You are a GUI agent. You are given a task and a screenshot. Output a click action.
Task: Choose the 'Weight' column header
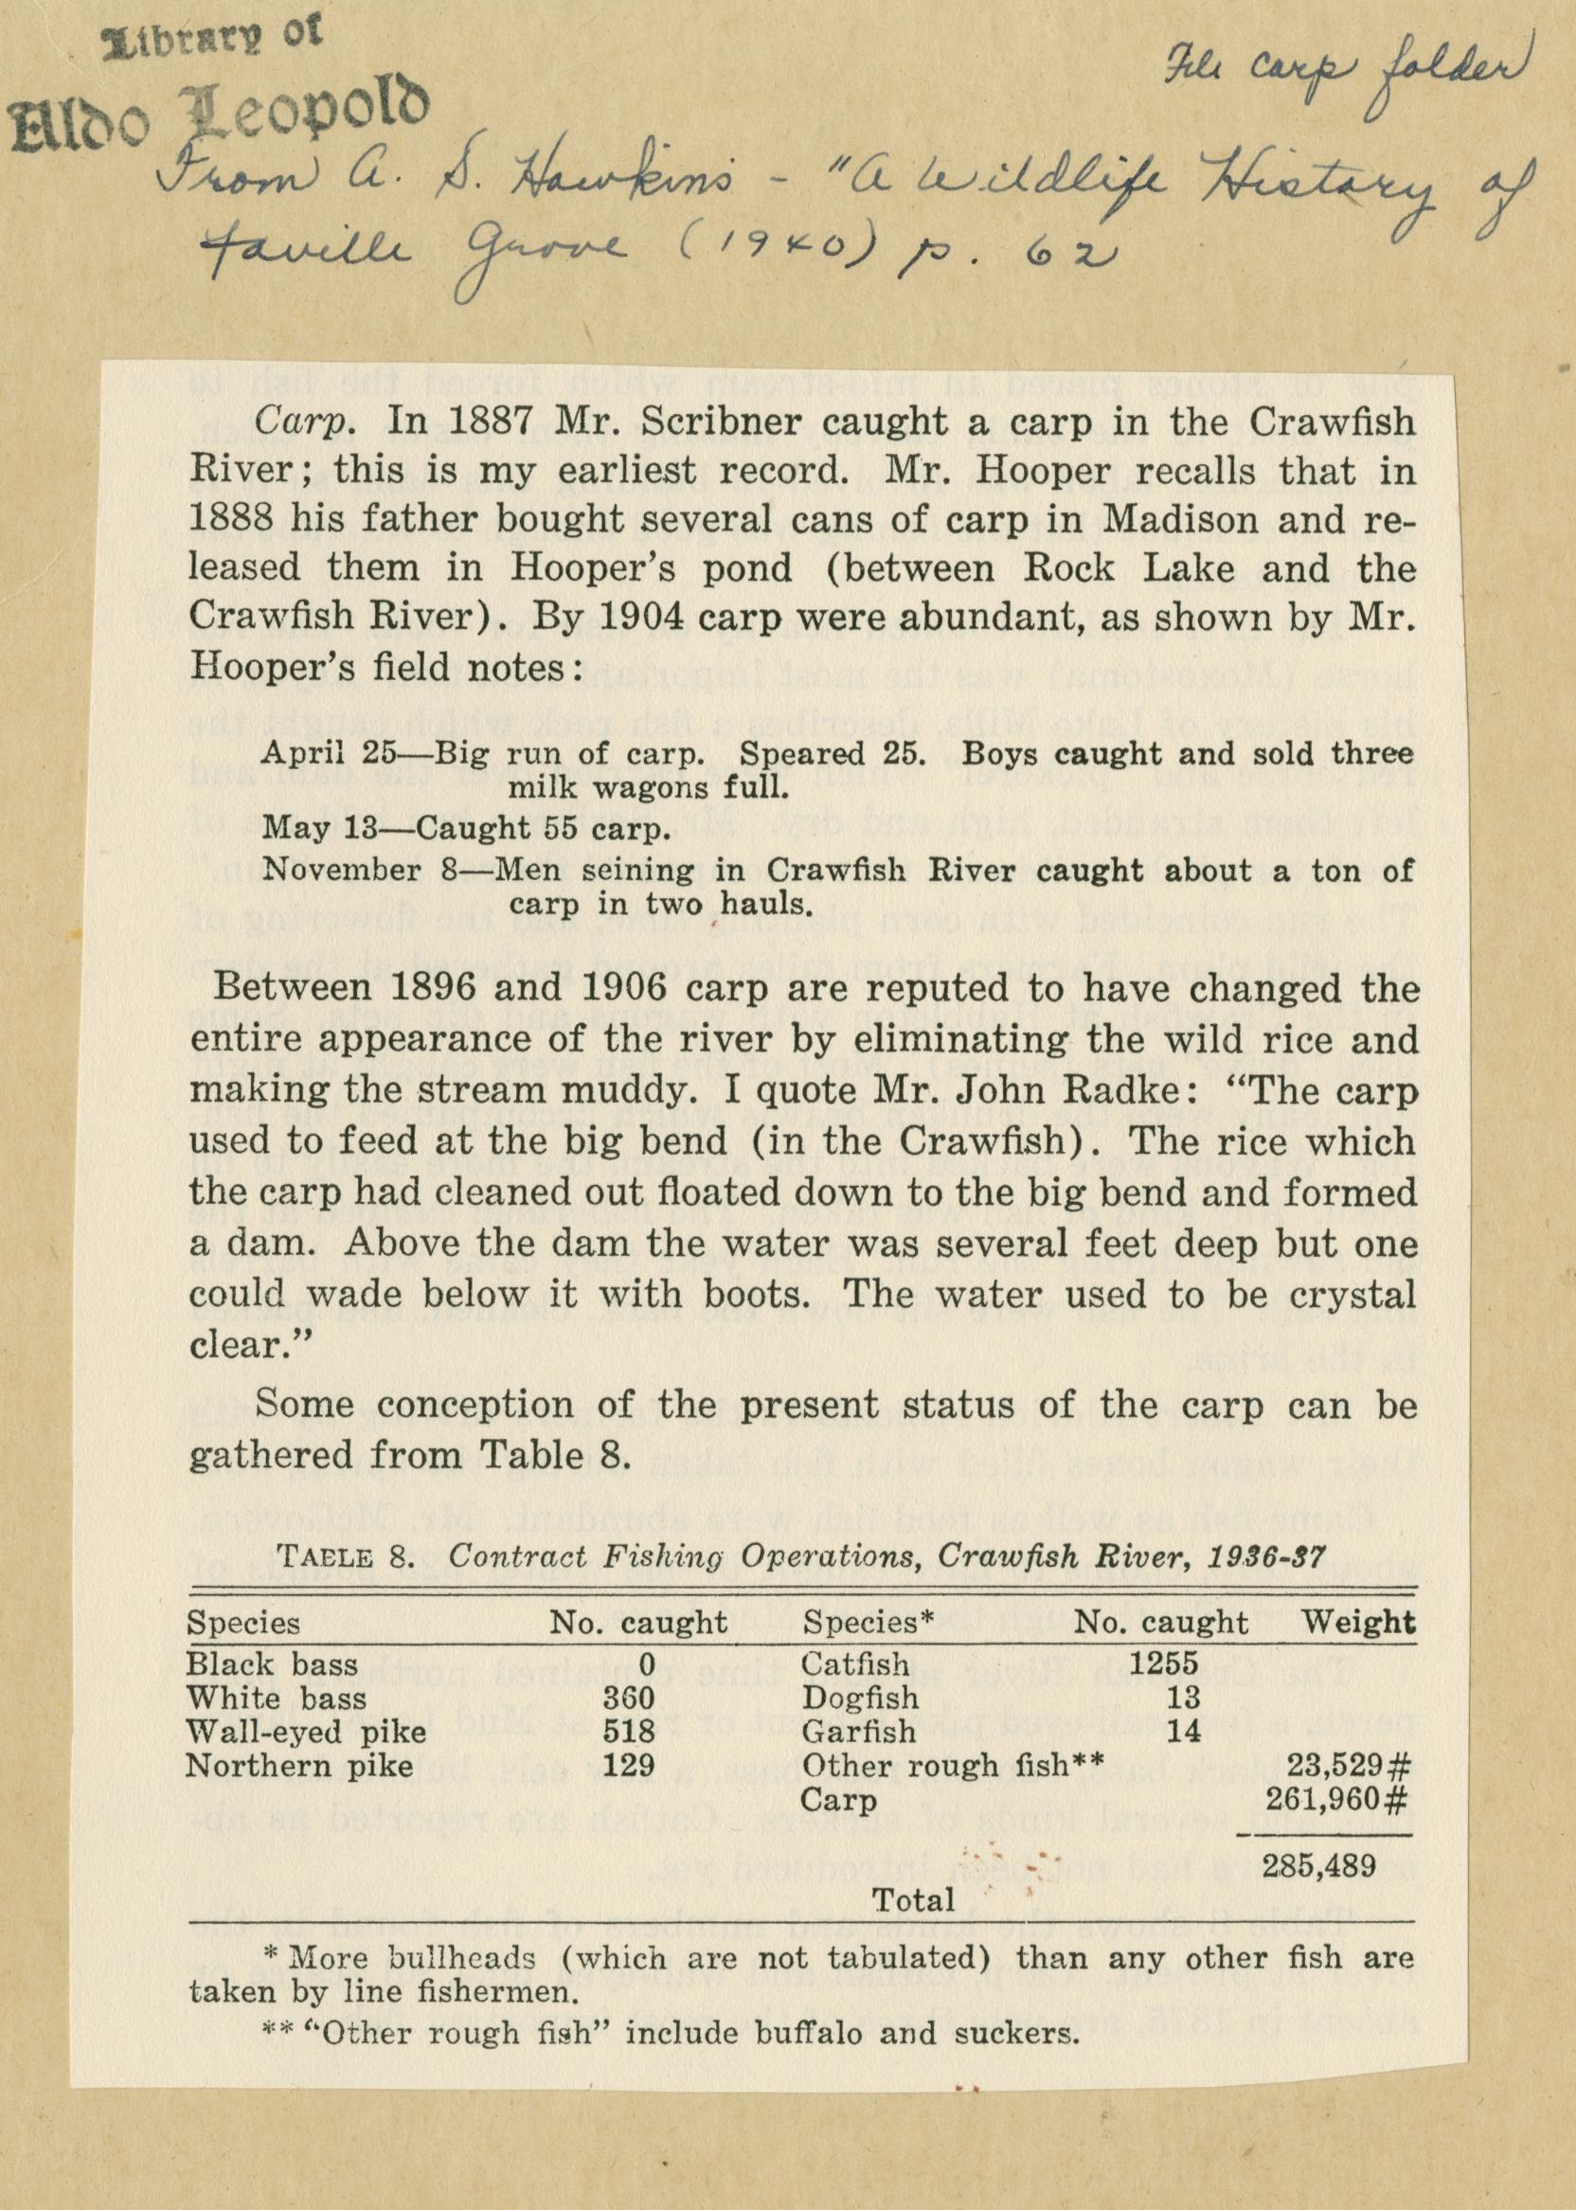[x=1357, y=1622]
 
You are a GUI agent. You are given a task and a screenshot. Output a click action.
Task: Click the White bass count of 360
[x=628, y=1698]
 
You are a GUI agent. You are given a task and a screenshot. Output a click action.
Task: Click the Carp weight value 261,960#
[x=1336, y=1801]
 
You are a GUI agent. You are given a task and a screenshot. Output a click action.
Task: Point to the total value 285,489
[x=1316, y=1866]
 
